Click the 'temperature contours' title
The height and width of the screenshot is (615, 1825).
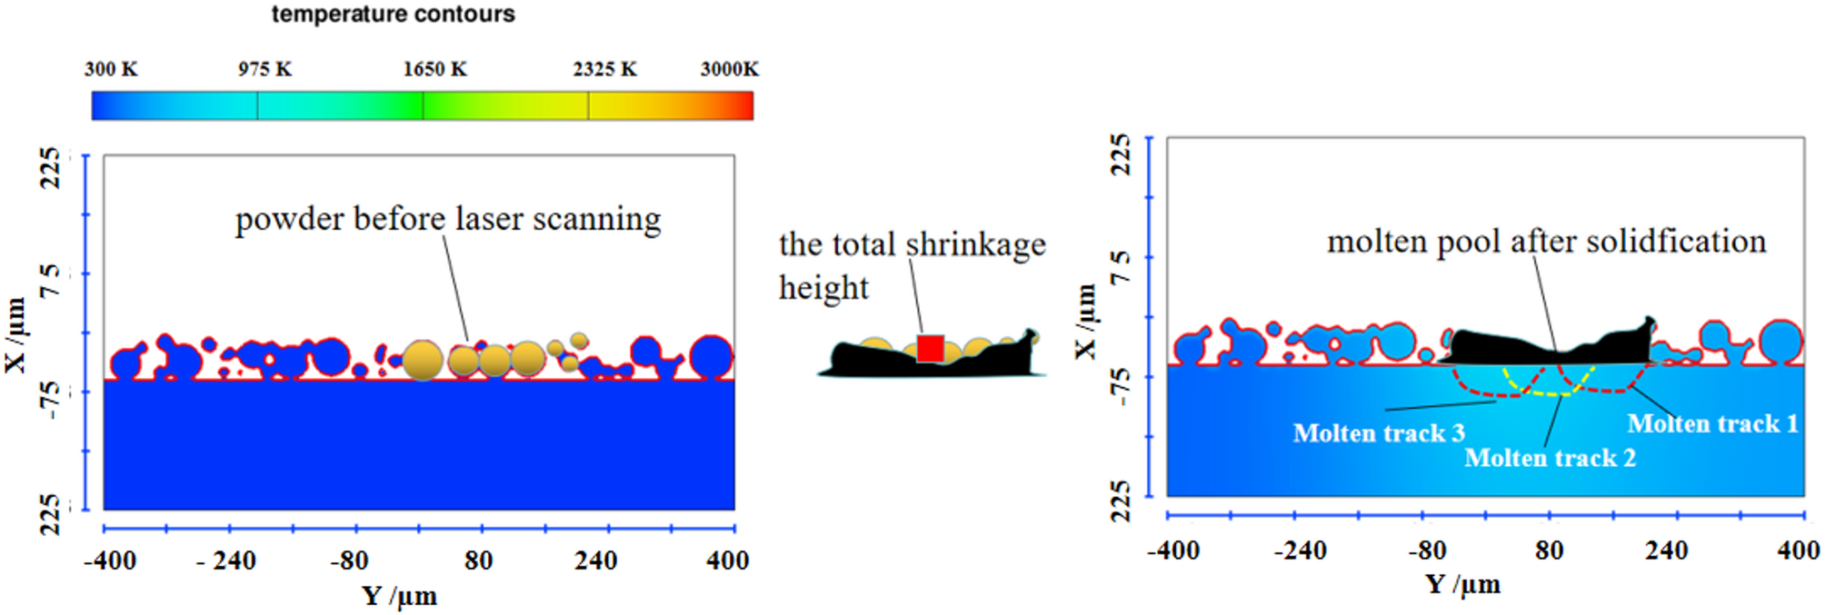(x=393, y=15)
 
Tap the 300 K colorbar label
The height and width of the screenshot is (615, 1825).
(x=111, y=70)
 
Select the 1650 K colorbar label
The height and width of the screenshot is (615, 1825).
(x=434, y=70)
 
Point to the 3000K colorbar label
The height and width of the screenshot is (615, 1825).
(x=729, y=70)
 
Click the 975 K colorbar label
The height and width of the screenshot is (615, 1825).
(x=264, y=70)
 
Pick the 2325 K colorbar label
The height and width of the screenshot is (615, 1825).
(x=604, y=70)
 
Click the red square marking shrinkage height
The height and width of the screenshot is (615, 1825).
(x=930, y=349)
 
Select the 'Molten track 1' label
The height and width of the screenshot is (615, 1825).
(x=1712, y=424)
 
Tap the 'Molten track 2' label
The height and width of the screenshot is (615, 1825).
(x=1550, y=458)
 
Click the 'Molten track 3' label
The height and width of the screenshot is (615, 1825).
(x=1379, y=433)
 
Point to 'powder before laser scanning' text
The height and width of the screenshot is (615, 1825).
(x=448, y=220)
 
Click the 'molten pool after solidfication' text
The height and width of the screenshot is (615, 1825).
(x=1546, y=242)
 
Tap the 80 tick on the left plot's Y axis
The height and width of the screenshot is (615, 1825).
(x=478, y=560)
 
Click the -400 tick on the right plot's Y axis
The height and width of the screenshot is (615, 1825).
(x=1172, y=551)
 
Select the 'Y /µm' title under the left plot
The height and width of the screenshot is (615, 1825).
(x=399, y=596)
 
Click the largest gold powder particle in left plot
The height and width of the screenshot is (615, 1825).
(x=423, y=361)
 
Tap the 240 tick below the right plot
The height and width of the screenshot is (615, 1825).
(x=1665, y=551)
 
